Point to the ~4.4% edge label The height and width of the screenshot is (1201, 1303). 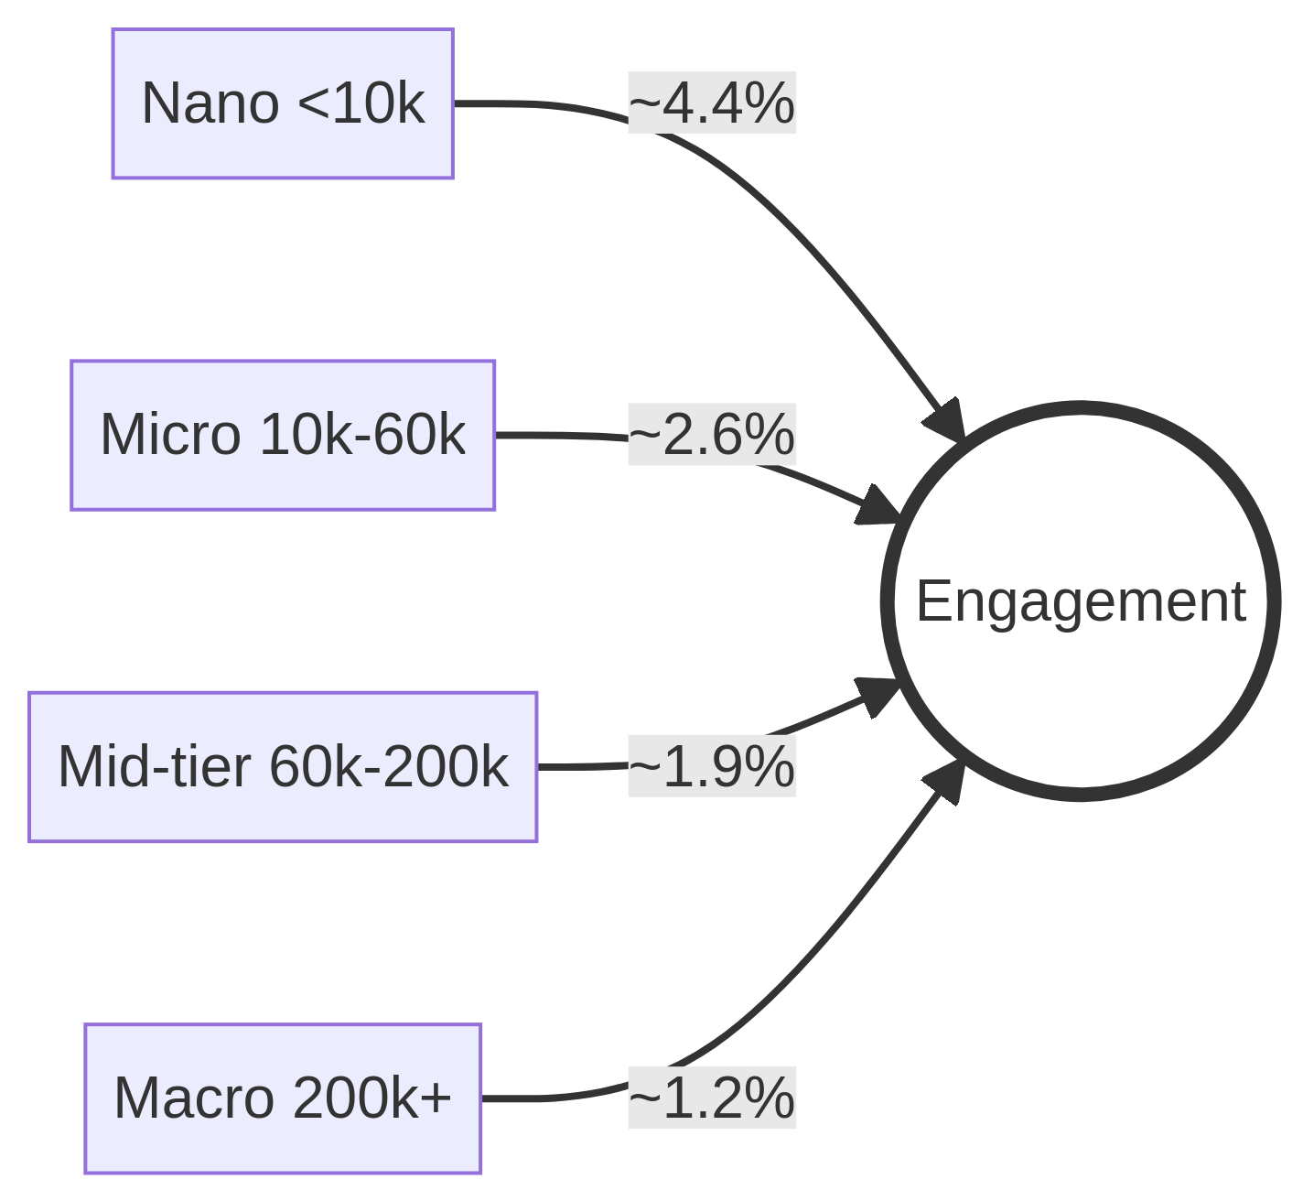[711, 103]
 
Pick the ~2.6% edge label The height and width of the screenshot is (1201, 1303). [711, 434]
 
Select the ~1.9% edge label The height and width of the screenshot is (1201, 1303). [711, 766]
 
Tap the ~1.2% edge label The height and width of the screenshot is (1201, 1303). [711, 1098]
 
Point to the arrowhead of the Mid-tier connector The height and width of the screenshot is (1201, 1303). [877, 696]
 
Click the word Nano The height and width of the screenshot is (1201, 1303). [210, 103]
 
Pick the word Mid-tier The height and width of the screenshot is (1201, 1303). [154, 766]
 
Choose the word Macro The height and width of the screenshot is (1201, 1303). [193, 1098]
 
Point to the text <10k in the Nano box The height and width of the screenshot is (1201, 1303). [361, 103]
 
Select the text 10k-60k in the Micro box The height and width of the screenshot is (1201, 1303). [362, 434]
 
